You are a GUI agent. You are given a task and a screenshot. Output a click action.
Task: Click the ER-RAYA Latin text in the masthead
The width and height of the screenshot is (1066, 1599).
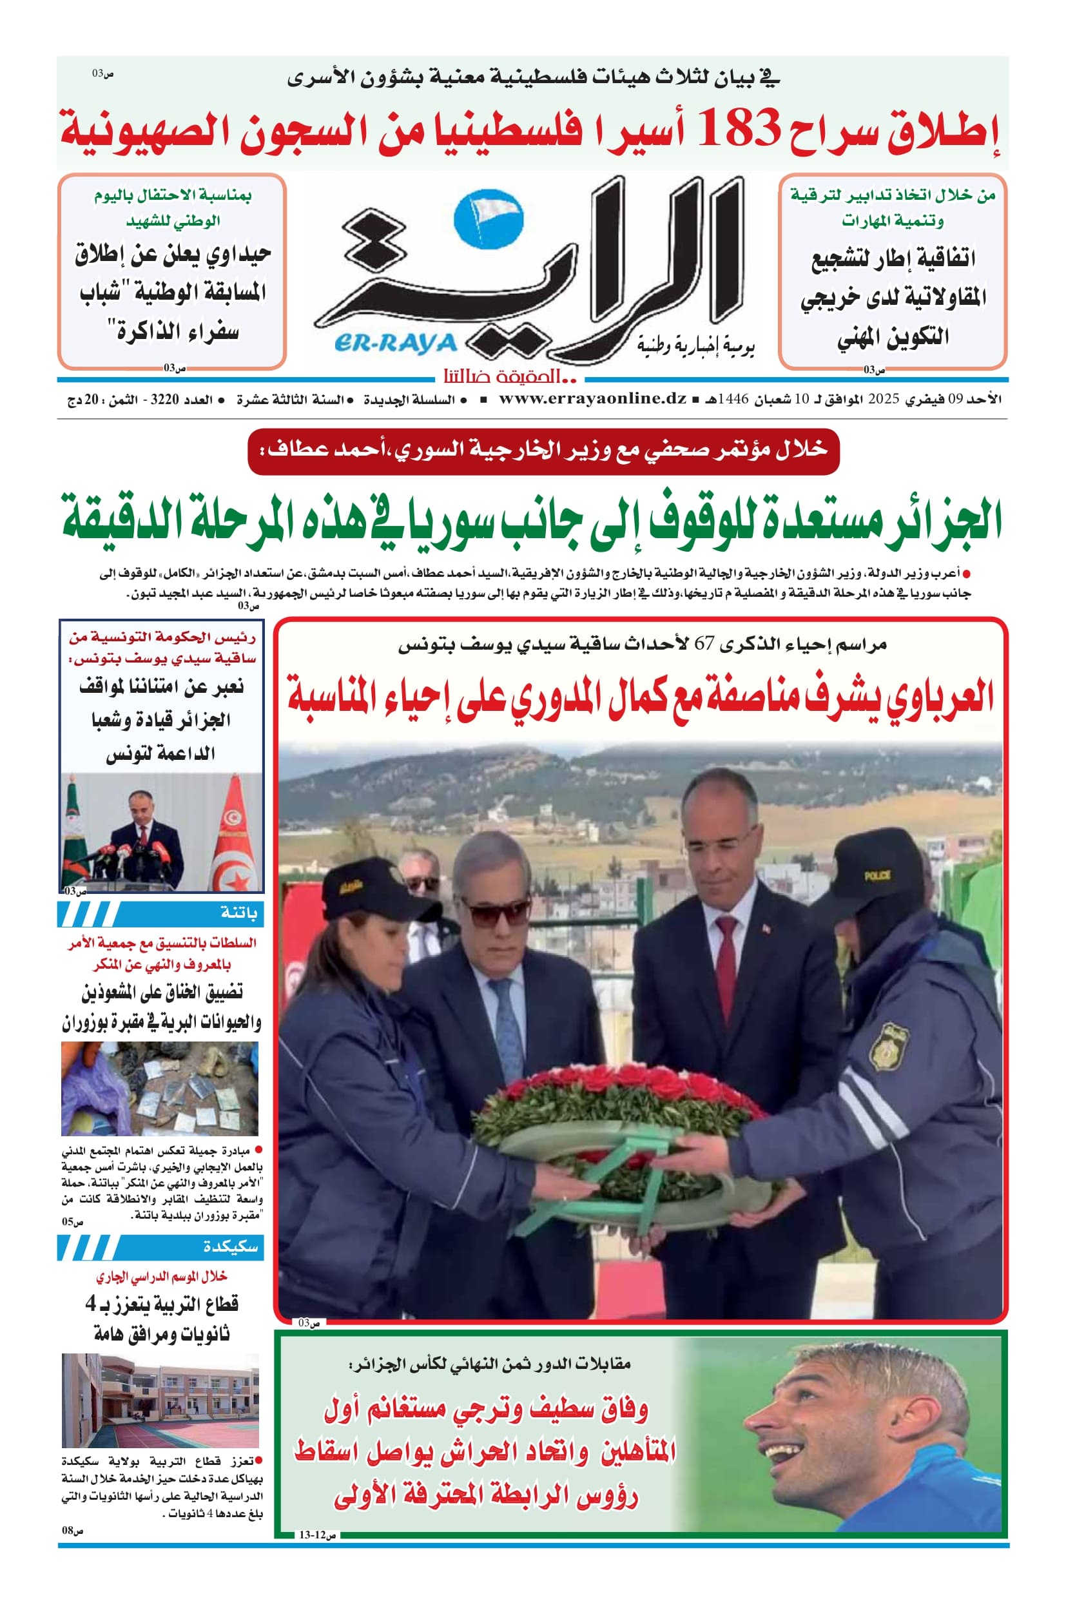coord(396,344)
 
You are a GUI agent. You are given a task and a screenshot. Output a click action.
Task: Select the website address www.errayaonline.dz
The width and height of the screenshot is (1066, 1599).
coord(592,399)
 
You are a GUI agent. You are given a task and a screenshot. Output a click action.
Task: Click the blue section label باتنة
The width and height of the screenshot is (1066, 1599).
coord(238,913)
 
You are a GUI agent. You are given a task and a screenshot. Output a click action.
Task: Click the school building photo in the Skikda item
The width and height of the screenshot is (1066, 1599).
coord(160,1400)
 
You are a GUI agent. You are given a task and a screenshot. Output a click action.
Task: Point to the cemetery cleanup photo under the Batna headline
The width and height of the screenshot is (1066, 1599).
coord(160,1089)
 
